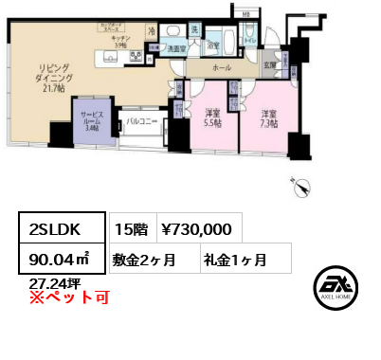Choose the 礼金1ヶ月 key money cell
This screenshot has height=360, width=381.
click(x=234, y=259)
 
